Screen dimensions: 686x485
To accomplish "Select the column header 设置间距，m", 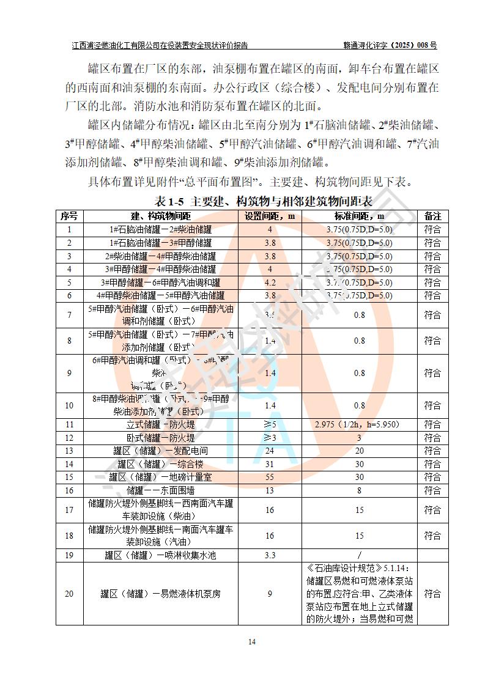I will [x=270, y=216].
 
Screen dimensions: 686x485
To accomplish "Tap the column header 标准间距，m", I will [x=359, y=216].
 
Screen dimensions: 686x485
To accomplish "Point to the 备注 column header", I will [x=432, y=216].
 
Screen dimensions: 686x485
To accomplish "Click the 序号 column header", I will [x=69, y=216].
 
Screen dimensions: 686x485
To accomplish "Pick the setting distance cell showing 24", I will [x=270, y=451].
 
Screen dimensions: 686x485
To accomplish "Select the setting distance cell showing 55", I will [x=270, y=477].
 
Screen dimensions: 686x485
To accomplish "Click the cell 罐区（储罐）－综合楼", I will [x=161, y=464].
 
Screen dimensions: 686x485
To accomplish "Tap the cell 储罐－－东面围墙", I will [x=161, y=490].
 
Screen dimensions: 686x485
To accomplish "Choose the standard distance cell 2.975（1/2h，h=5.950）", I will [x=359, y=424].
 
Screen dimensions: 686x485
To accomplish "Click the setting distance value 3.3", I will [x=270, y=555].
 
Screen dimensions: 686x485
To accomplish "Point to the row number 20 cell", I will [x=69, y=594].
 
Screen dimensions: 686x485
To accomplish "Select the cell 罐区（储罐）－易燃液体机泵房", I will [x=161, y=594].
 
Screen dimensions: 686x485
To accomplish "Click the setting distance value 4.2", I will [x=270, y=282].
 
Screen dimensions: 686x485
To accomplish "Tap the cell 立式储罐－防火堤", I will [x=161, y=424].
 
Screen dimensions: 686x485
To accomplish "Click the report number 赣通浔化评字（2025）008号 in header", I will [x=390, y=45].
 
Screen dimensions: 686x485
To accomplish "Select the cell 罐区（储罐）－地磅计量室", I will [x=161, y=477].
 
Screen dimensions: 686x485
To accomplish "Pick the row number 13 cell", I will [x=69, y=451].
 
